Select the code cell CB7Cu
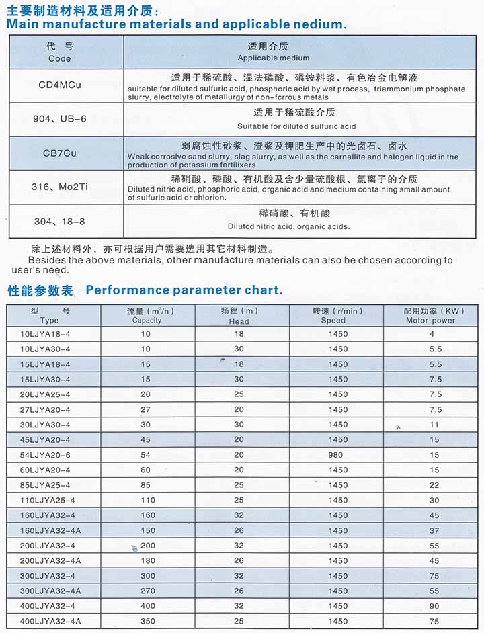[60, 153]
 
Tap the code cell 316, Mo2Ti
[60, 187]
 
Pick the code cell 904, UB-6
[60, 119]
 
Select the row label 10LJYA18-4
[46, 334]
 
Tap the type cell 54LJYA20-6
[46, 455]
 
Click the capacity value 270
[147, 591]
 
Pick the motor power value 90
[434, 606]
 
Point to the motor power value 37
[434, 530]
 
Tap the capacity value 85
[146, 485]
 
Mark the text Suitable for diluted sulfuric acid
[296, 126]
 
